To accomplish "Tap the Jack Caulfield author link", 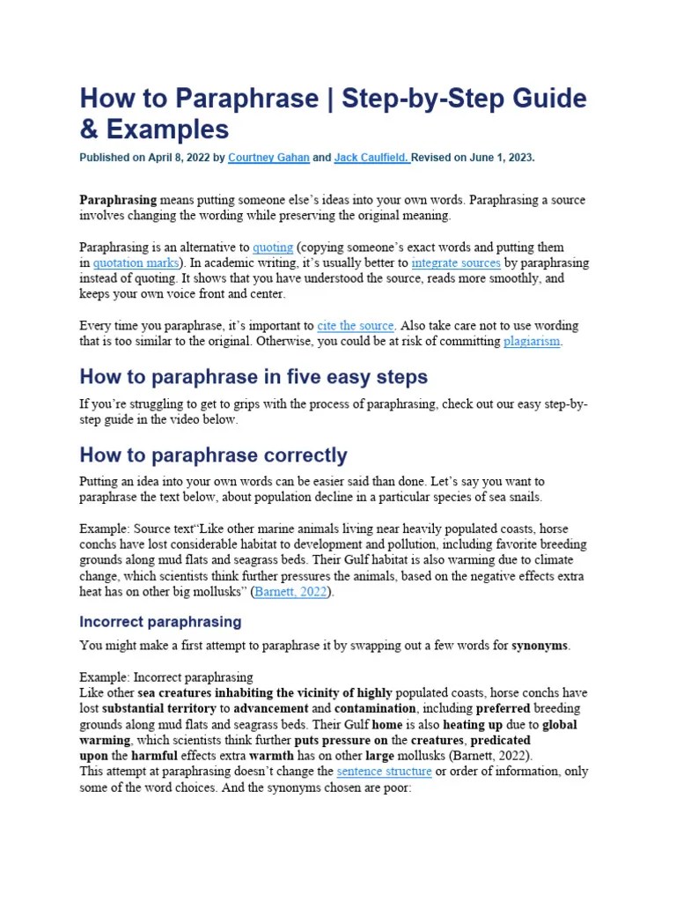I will pos(371,158).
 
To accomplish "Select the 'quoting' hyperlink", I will pos(273,248).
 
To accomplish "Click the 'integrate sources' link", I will pos(456,263).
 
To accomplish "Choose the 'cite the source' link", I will pos(356,326).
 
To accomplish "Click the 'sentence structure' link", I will pos(385,772).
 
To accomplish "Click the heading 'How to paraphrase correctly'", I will pos(213,455).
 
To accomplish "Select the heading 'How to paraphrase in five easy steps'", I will pos(253,377).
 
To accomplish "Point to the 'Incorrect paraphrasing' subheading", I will pos(160,622).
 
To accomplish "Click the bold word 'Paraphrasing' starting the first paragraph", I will pos(118,200).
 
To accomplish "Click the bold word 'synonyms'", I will pos(540,646).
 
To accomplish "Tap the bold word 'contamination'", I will pos(375,708).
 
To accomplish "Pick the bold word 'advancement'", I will pos(271,708).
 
